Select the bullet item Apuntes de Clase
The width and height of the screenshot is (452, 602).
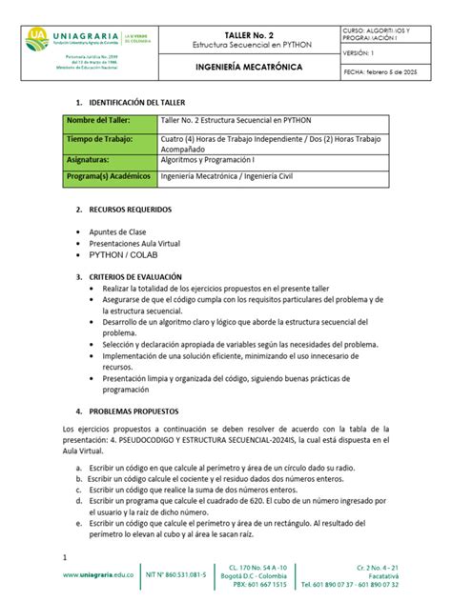tap(117, 231)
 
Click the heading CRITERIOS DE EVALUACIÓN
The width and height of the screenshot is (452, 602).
tap(139, 277)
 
